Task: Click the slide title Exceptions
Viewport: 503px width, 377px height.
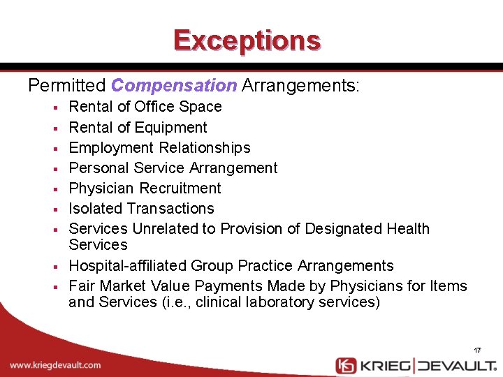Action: click(x=247, y=40)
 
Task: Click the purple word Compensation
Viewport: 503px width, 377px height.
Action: click(x=174, y=86)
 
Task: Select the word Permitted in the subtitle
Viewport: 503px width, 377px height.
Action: click(x=67, y=86)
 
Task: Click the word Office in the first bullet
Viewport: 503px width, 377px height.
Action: click(x=154, y=107)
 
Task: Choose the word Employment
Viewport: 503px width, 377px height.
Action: click(x=111, y=148)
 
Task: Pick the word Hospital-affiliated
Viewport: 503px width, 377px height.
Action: click(x=127, y=266)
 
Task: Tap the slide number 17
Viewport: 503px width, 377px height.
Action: click(x=477, y=350)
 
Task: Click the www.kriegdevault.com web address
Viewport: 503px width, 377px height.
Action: click(x=55, y=365)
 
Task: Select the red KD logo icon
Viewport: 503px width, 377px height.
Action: click(x=346, y=365)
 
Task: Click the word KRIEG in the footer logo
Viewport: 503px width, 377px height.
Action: click(x=386, y=365)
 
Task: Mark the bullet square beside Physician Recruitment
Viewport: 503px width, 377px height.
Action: click(x=54, y=189)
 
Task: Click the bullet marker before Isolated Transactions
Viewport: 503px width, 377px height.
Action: click(x=54, y=209)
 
